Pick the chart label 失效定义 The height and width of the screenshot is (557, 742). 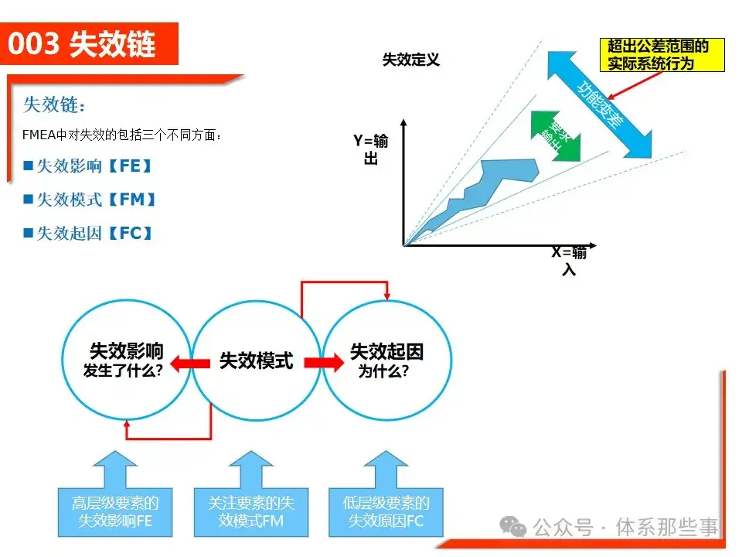(410, 60)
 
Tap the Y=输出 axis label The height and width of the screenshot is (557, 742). (370, 149)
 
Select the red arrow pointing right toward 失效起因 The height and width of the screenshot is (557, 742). (323, 361)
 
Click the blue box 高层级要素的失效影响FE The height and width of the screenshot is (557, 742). (115, 511)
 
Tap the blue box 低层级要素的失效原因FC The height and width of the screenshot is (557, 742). (386, 511)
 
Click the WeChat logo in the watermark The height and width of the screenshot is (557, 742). (513, 527)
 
